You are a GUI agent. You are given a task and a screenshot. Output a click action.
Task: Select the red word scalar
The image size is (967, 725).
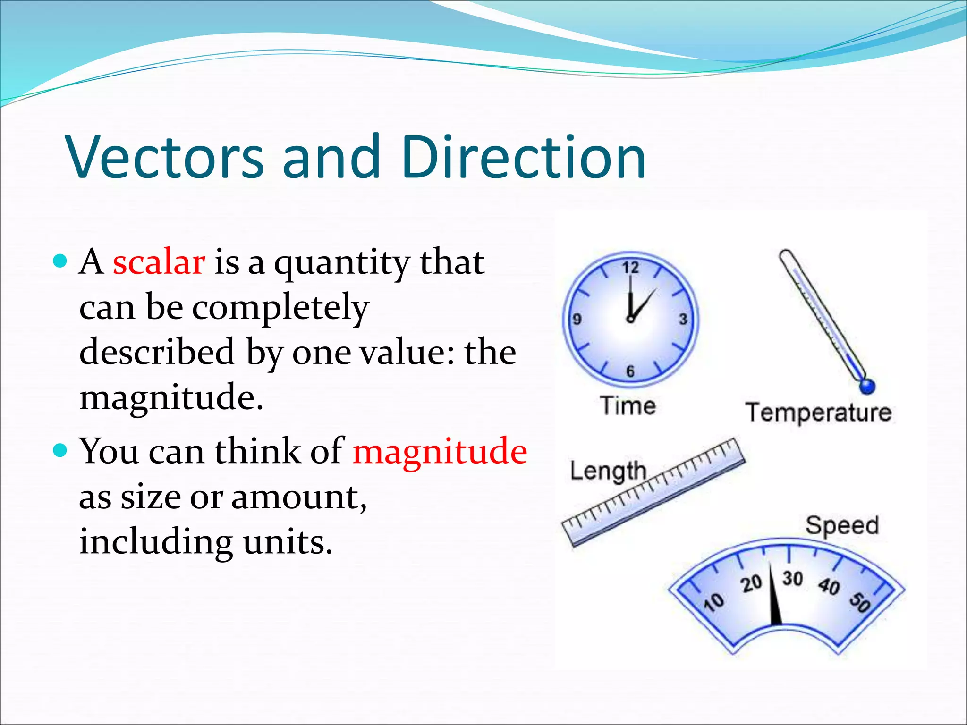tap(159, 262)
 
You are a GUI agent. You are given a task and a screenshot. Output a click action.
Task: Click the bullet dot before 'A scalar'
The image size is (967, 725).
tap(60, 261)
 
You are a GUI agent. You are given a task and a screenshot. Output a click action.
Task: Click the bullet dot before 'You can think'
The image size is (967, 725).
tap(60, 450)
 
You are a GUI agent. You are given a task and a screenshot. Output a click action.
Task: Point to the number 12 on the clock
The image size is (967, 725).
tap(630, 268)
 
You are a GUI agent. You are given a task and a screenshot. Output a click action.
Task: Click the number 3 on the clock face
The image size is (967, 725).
tap(683, 320)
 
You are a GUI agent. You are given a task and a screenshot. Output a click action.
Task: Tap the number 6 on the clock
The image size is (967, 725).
tap(630, 371)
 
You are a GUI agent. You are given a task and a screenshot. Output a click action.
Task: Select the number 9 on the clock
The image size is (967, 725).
tap(577, 320)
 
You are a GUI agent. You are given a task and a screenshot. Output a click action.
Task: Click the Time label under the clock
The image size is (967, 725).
tap(628, 406)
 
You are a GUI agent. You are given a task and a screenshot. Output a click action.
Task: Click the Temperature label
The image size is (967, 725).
tap(818, 413)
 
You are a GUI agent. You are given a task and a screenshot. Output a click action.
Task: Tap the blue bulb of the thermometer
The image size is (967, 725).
tap(867, 386)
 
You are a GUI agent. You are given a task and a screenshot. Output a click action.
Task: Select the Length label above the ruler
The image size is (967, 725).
tap(608, 471)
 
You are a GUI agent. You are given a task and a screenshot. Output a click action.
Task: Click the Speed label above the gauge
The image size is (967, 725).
tap(842, 525)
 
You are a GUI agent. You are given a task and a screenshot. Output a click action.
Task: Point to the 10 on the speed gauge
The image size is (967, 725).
tap(713, 602)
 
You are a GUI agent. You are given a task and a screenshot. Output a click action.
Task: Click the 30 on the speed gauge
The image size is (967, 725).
tap(792, 578)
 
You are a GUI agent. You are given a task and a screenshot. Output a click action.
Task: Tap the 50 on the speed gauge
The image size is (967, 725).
tap(859, 602)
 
